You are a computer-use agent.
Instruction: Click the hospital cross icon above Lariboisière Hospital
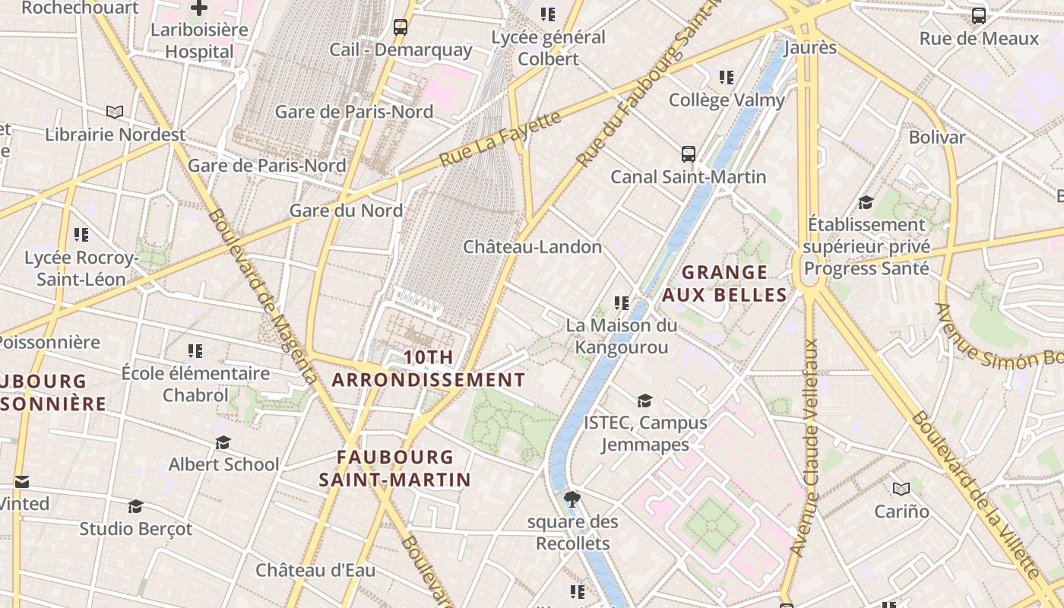point(199,8)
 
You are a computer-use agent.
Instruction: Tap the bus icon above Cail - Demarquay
point(401,28)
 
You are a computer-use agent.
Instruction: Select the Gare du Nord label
point(347,211)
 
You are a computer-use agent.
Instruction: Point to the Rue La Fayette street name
point(501,139)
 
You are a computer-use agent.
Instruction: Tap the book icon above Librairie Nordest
point(115,112)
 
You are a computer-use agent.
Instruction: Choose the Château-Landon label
point(532,247)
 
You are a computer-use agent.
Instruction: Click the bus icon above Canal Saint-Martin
point(689,154)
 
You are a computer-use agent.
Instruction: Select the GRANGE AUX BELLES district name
point(724,283)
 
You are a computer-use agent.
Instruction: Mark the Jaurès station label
point(809,48)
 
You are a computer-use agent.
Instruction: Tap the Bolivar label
point(937,138)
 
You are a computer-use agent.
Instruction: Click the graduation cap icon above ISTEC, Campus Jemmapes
point(644,401)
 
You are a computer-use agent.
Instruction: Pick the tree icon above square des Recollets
point(572,499)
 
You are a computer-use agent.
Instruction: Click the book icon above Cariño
point(901,489)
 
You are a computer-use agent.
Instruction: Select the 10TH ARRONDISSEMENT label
point(429,369)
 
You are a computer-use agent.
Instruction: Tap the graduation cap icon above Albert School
point(223,442)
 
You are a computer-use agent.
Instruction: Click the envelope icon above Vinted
point(22,482)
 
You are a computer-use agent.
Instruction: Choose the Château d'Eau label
point(315,570)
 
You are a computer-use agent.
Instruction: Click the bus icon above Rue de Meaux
point(979,16)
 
